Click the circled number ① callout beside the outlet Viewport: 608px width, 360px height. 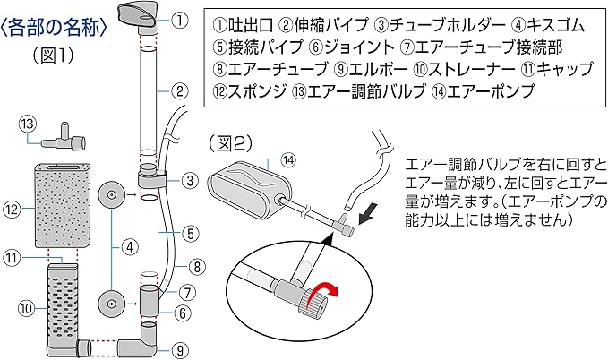tap(180, 18)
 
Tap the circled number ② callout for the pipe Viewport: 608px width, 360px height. tap(180, 90)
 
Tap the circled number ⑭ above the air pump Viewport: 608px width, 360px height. tap(288, 160)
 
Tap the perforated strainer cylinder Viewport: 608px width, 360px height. tap(63, 304)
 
